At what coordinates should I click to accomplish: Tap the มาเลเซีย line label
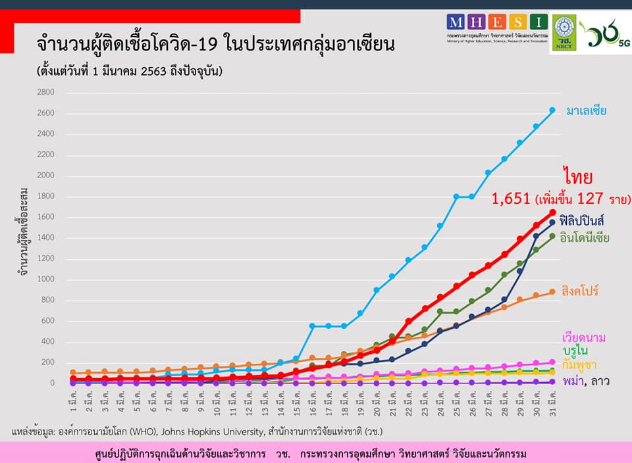[586, 110]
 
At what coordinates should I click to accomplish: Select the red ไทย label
[578, 177]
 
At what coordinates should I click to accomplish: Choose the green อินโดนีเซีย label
[588, 237]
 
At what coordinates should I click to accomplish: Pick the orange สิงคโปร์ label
[580, 291]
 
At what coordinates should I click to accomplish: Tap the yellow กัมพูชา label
[579, 364]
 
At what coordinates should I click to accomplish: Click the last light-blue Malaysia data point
[552, 110]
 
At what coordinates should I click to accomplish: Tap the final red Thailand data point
[552, 212]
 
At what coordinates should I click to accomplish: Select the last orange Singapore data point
[552, 292]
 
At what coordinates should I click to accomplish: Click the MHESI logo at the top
[496, 22]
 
